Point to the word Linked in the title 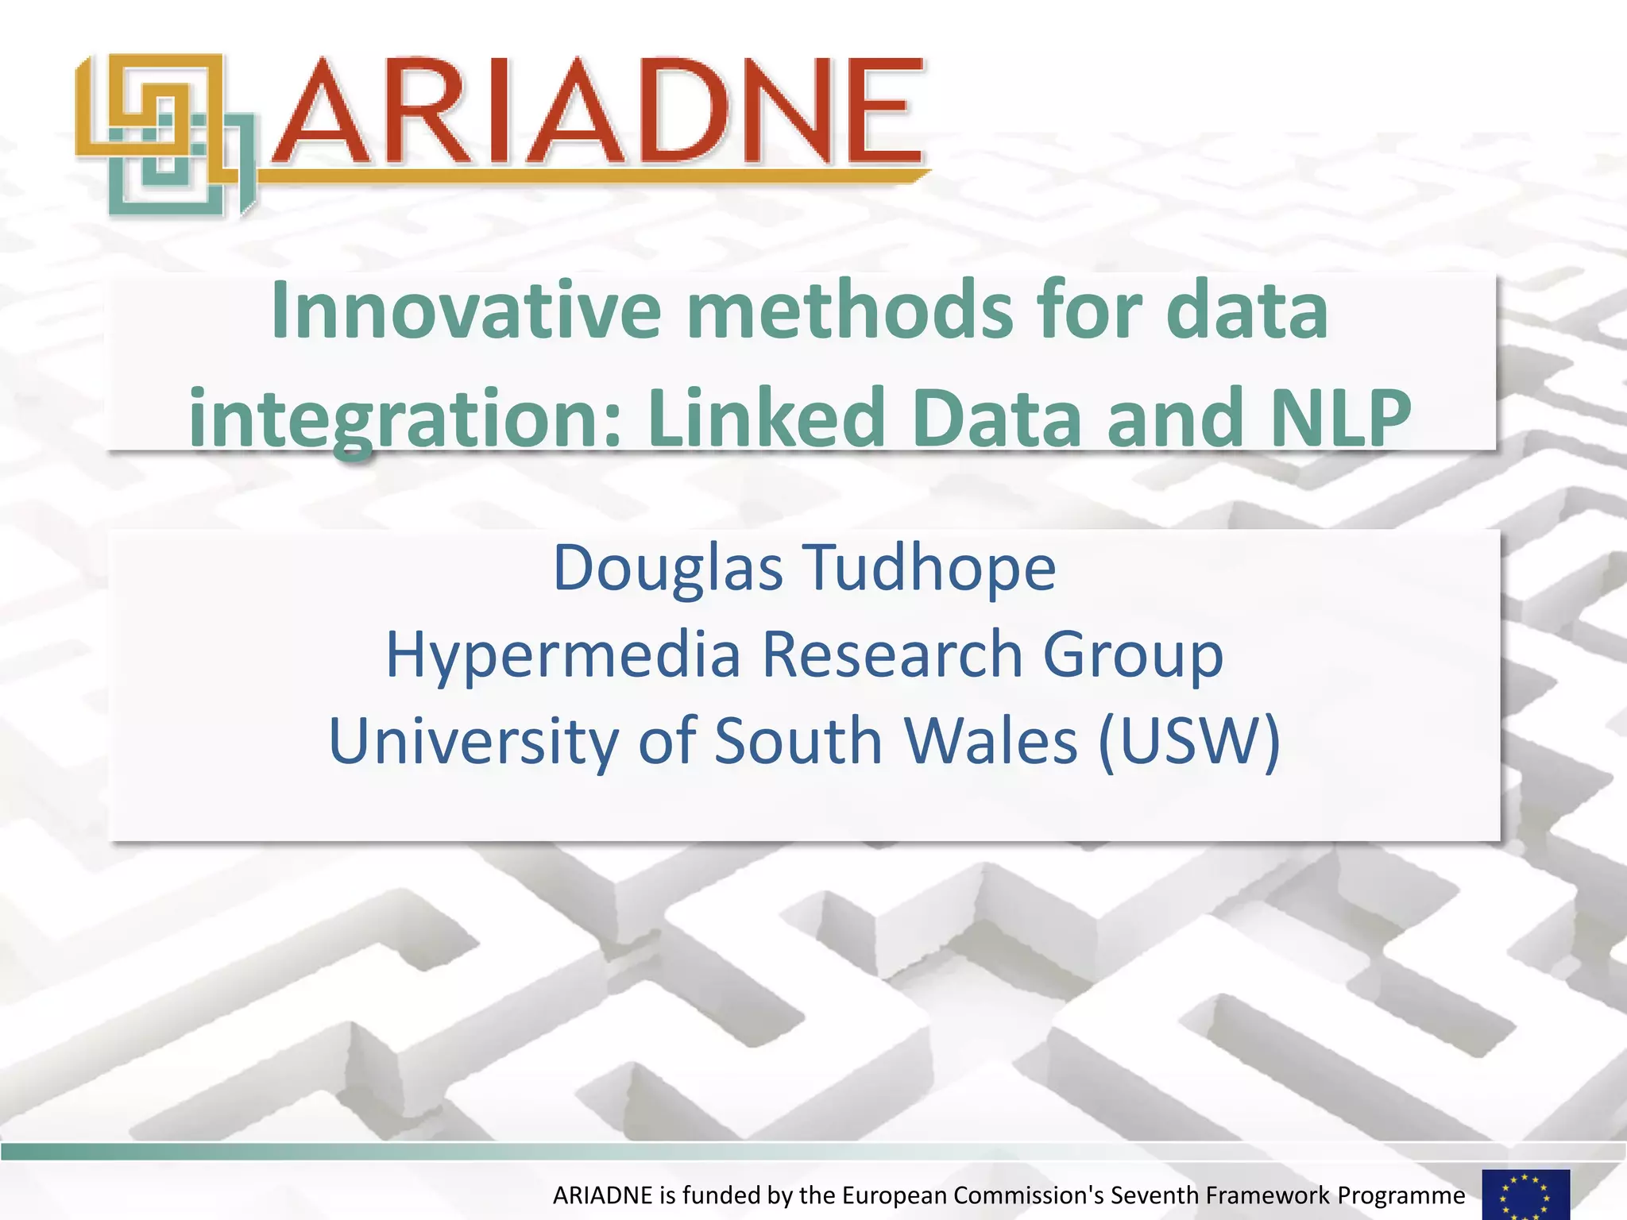coord(767,417)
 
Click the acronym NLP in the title coord(1339,417)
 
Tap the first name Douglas coord(668,569)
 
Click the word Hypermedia coord(563,655)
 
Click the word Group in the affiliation coord(1132,656)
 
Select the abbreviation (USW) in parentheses coord(1189,741)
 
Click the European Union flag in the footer coord(1525,1195)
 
